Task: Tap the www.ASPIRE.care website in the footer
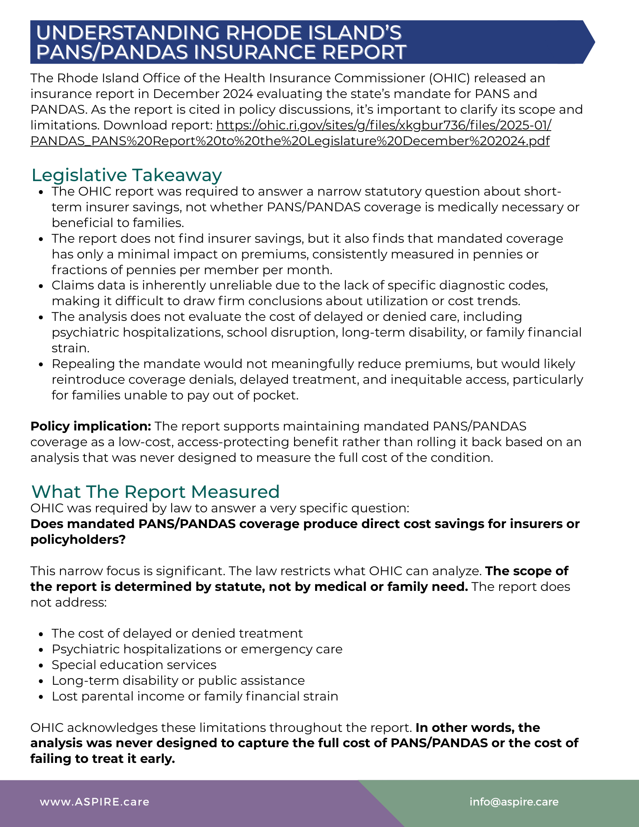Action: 94,802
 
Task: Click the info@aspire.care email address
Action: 514,802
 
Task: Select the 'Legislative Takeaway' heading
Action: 127,175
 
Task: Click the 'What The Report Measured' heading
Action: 156,492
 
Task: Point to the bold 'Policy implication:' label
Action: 91,426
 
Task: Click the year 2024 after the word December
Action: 238,94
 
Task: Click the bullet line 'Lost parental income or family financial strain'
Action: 195,696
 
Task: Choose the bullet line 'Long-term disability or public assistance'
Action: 178,681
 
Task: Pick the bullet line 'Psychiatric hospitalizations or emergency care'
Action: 197,649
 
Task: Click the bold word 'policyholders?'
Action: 78,540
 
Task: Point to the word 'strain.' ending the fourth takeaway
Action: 70,348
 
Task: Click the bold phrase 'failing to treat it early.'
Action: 103,759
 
